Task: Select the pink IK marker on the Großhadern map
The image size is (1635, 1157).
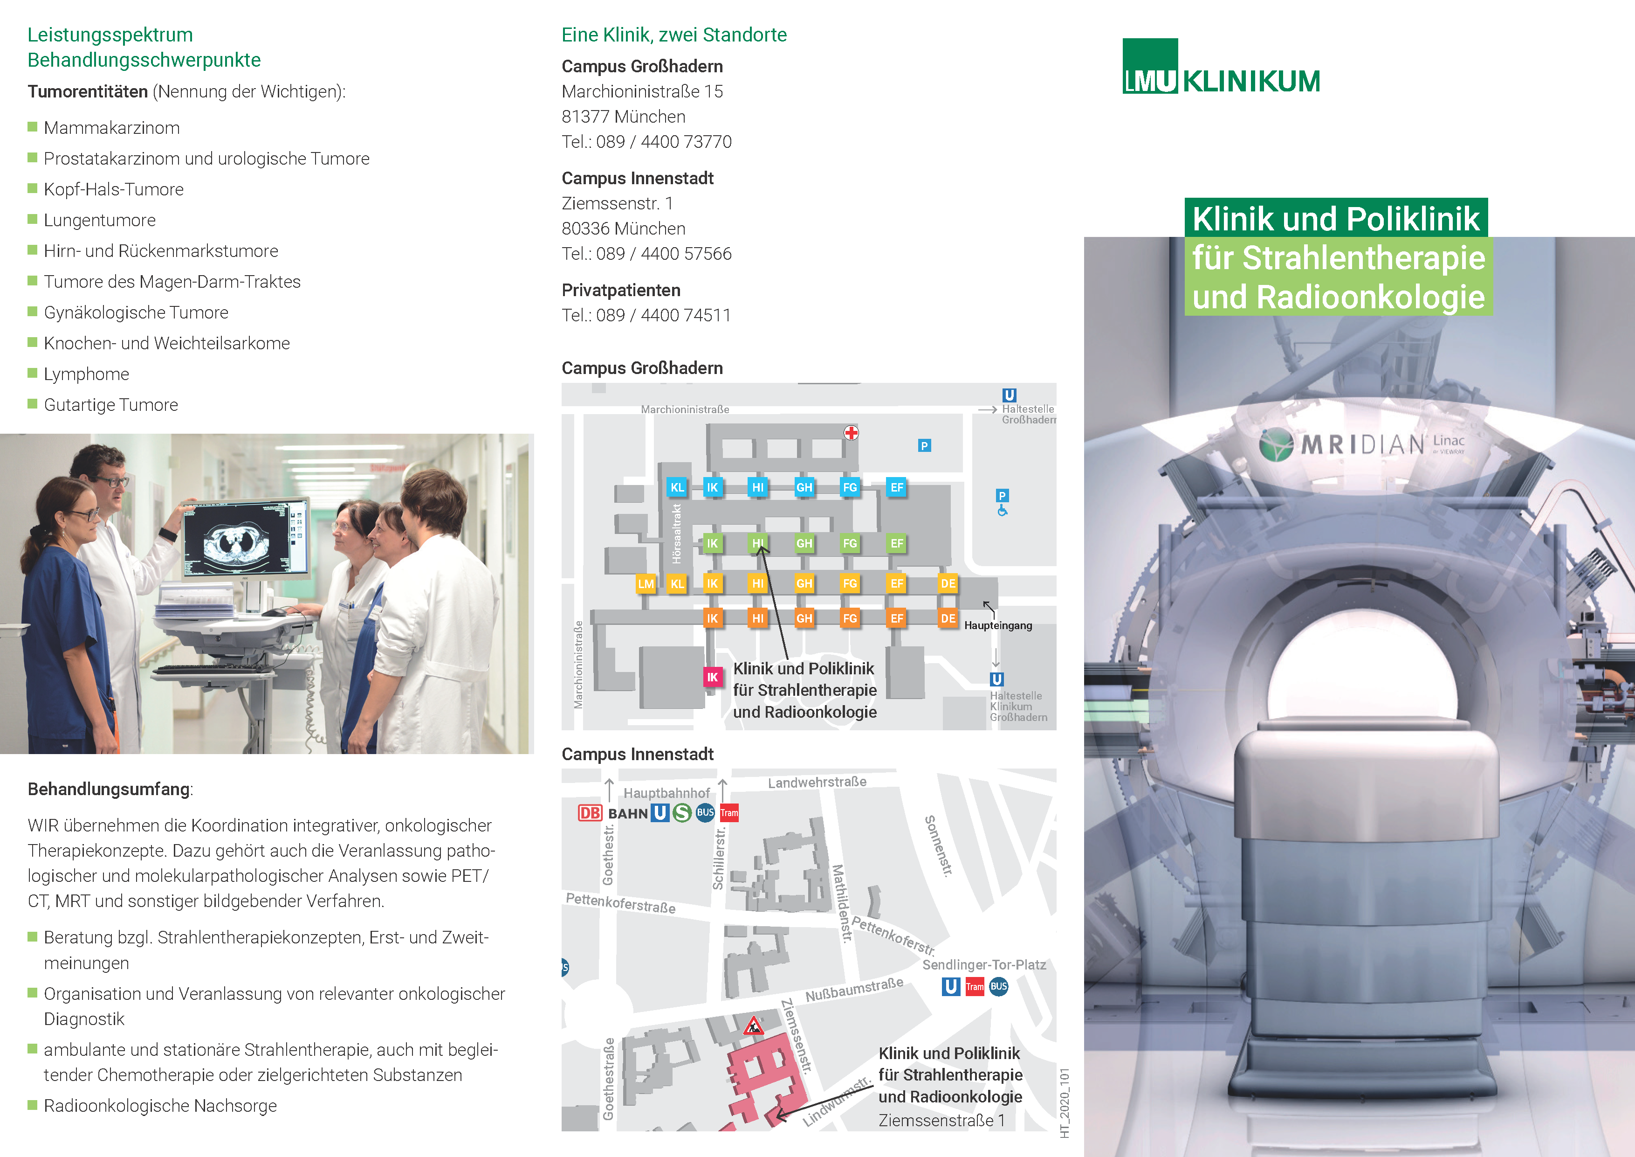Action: [x=712, y=677]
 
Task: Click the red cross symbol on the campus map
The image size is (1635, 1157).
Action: [x=851, y=432]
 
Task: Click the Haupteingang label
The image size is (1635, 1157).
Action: [x=998, y=625]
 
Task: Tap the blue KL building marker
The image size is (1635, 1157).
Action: [x=677, y=487]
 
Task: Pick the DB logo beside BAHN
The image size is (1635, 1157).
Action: [x=590, y=813]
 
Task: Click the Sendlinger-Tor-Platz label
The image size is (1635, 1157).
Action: [x=984, y=965]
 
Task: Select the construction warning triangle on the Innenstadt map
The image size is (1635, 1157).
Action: [x=753, y=1026]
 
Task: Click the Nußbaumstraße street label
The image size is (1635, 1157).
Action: [x=854, y=990]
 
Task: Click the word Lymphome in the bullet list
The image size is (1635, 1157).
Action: [x=86, y=374]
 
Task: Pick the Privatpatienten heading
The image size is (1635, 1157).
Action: [x=621, y=290]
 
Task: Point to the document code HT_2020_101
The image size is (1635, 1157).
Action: [x=1065, y=1103]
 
